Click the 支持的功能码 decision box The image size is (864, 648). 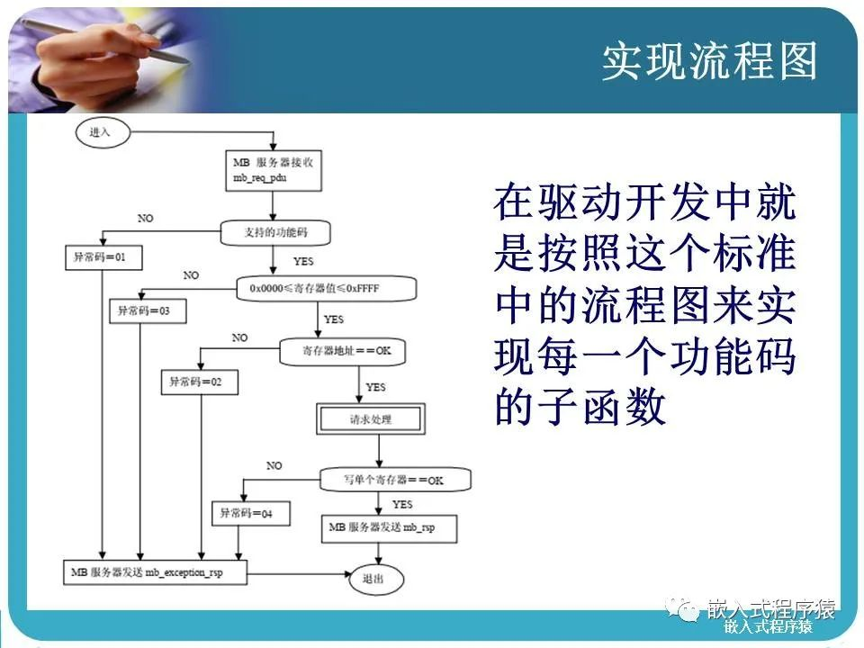pos(275,233)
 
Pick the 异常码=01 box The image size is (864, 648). pos(103,257)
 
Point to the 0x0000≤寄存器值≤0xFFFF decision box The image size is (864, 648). pos(328,289)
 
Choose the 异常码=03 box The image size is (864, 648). pos(145,311)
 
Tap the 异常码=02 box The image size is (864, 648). pos(200,382)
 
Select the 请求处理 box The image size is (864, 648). pos(370,418)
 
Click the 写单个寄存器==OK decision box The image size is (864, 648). pos(394,480)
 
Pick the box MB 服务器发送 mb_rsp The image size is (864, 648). pos(390,527)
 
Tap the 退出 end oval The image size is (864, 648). pos(370,579)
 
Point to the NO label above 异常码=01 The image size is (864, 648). pos(146,219)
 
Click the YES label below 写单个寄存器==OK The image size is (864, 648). pos(401,504)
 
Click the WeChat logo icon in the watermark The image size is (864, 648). pos(688,612)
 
